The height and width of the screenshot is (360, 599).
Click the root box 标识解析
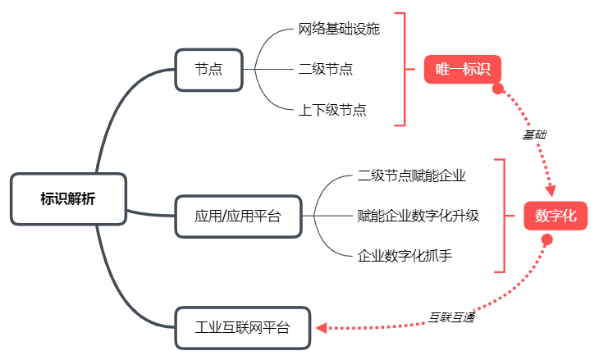point(68,198)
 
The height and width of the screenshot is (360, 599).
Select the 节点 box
point(208,69)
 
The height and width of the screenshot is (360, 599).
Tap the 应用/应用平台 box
point(238,216)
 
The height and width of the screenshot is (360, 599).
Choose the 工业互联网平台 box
point(243,328)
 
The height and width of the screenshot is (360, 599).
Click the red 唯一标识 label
point(463,69)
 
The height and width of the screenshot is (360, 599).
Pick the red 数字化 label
point(556,216)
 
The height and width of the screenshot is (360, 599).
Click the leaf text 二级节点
point(326,69)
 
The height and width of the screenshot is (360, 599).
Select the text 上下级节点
point(332,109)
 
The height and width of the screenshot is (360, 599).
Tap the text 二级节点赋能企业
point(412,175)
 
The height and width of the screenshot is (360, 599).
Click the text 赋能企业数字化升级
point(418,216)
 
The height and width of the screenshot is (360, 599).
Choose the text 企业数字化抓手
point(405,256)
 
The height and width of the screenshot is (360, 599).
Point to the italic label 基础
point(535,134)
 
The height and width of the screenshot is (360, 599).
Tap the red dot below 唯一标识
point(497,89)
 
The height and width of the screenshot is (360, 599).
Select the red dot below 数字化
point(547,239)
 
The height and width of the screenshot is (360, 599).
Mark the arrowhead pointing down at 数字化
point(551,191)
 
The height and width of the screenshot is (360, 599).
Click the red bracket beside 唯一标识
point(404,69)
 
